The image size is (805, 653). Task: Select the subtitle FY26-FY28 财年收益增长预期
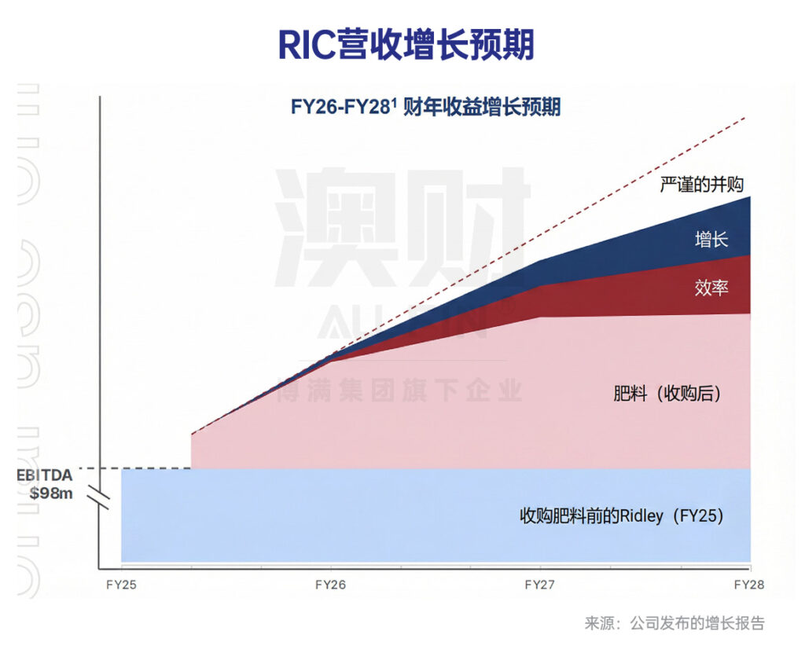[x=425, y=107]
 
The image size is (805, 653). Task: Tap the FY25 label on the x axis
[x=120, y=585]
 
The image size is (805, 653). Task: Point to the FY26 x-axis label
[x=330, y=585]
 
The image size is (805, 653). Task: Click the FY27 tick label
[x=539, y=585]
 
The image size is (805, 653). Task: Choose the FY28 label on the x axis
[x=748, y=585]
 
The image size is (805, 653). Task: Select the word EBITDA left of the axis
[x=46, y=475]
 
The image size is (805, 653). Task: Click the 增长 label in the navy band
[x=711, y=239]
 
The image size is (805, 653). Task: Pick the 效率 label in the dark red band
[x=711, y=288]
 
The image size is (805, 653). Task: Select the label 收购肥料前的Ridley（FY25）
[x=621, y=516]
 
